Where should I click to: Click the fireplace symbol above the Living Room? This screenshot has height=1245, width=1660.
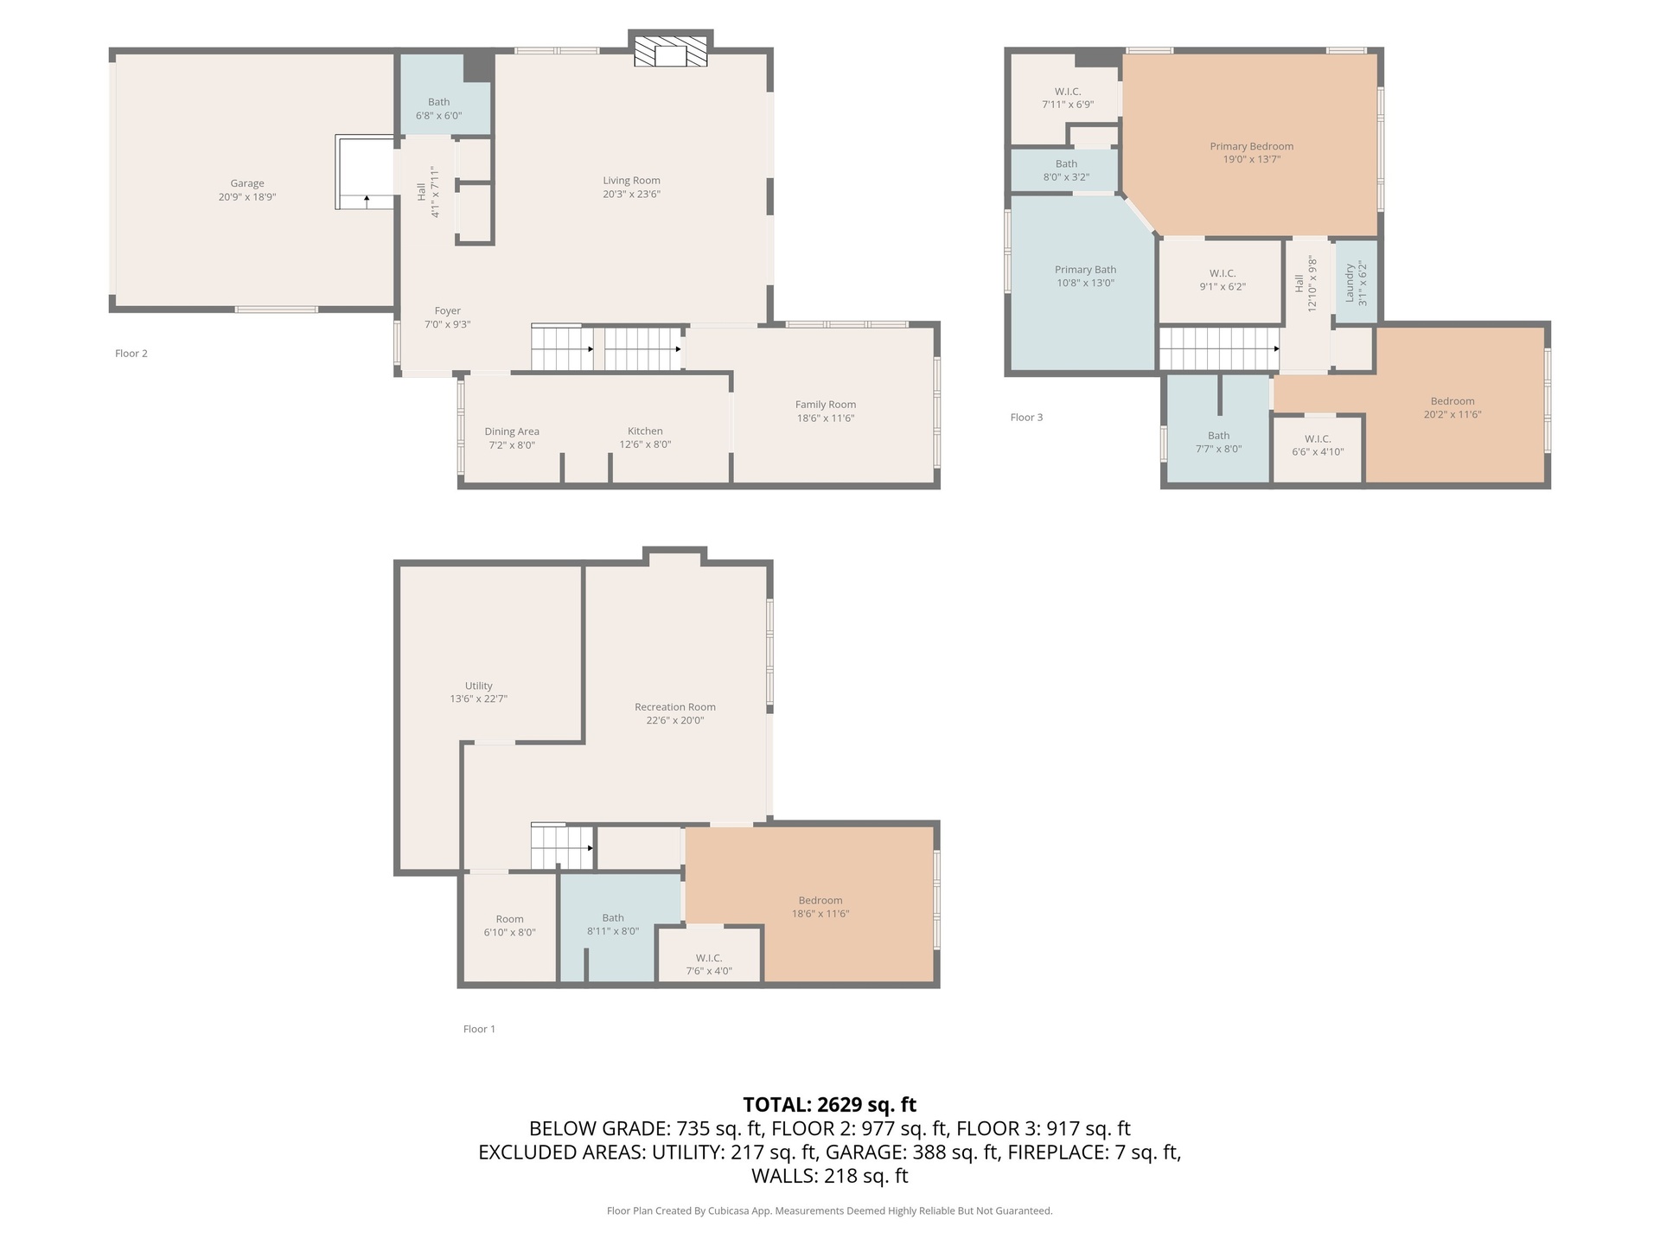coord(671,51)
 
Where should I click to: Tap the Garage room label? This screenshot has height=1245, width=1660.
coord(247,183)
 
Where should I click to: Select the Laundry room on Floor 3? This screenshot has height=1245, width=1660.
coord(1356,283)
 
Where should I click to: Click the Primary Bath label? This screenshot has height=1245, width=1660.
coord(1085,270)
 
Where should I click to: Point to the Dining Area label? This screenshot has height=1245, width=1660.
coord(512,431)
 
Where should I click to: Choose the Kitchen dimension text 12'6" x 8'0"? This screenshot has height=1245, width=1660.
coord(645,444)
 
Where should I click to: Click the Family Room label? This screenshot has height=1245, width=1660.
coord(826,405)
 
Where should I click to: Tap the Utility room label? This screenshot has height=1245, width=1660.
coord(478,686)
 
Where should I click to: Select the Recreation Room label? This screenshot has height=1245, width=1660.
coord(675,707)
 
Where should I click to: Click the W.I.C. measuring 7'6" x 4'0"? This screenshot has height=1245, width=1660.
coord(709,954)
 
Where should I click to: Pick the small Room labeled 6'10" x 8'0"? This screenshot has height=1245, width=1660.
coord(510,929)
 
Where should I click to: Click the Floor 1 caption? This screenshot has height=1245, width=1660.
coord(479,1029)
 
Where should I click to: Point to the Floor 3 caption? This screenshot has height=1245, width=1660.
coord(1026,418)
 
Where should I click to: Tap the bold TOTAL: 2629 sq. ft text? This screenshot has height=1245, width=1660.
coord(830,1105)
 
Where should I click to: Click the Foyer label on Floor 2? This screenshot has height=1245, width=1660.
coord(447,311)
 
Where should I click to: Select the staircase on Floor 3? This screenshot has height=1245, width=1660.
coord(1219,349)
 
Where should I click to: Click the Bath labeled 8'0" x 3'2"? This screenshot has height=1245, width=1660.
coord(1066,171)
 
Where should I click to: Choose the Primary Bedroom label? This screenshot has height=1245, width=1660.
coord(1251,147)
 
